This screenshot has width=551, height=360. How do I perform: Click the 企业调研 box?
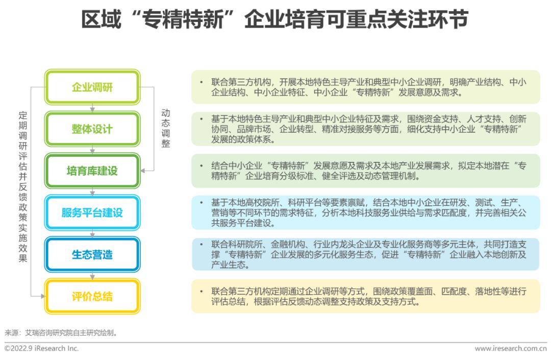pos(92,87)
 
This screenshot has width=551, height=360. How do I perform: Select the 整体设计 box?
pos(92,129)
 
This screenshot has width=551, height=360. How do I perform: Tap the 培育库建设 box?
pos(92,171)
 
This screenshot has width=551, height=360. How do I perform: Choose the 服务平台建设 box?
pos(92,212)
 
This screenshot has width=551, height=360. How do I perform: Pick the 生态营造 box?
pos(92,254)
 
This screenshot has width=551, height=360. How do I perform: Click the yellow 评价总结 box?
pos(92,296)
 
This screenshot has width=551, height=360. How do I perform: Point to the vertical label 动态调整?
pos(166,128)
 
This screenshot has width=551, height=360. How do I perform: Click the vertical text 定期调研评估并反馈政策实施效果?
pos(23,186)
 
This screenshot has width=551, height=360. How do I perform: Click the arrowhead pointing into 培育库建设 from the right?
pos(143,171)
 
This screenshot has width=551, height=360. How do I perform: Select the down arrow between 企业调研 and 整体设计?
pos(92,108)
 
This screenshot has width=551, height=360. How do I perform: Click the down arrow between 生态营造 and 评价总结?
pos(92,276)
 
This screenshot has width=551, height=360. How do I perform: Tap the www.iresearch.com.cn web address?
pos(511,348)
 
